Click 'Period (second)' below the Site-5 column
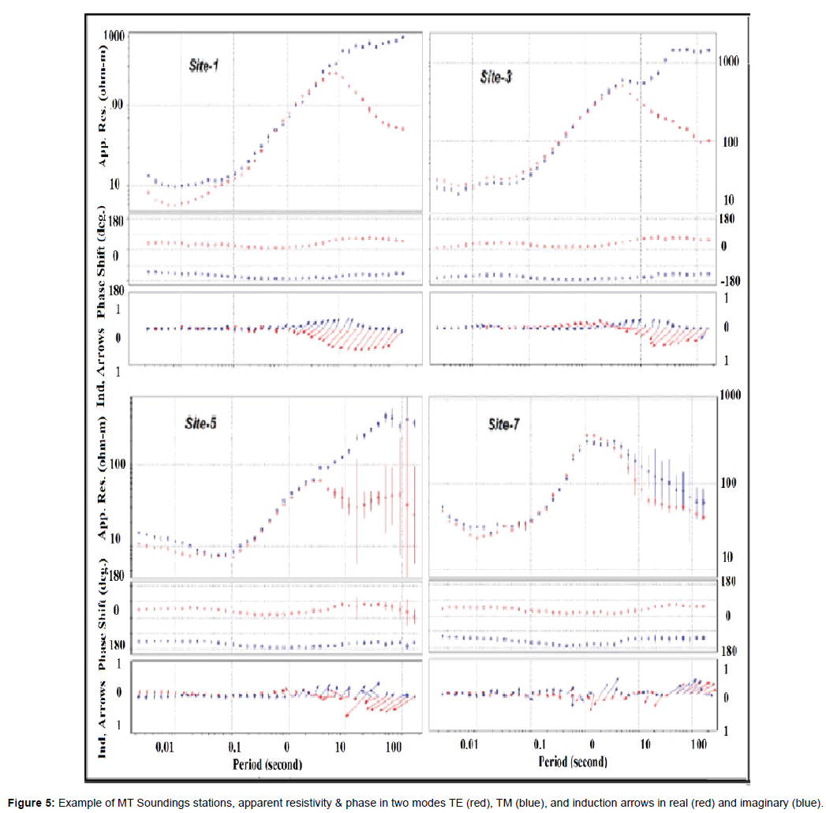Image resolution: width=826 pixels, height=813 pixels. (267, 764)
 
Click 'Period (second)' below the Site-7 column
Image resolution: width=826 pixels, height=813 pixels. (574, 762)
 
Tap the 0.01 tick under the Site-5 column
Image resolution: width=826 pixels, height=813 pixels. (165, 744)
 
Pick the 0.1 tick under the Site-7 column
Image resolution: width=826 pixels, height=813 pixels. (539, 744)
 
